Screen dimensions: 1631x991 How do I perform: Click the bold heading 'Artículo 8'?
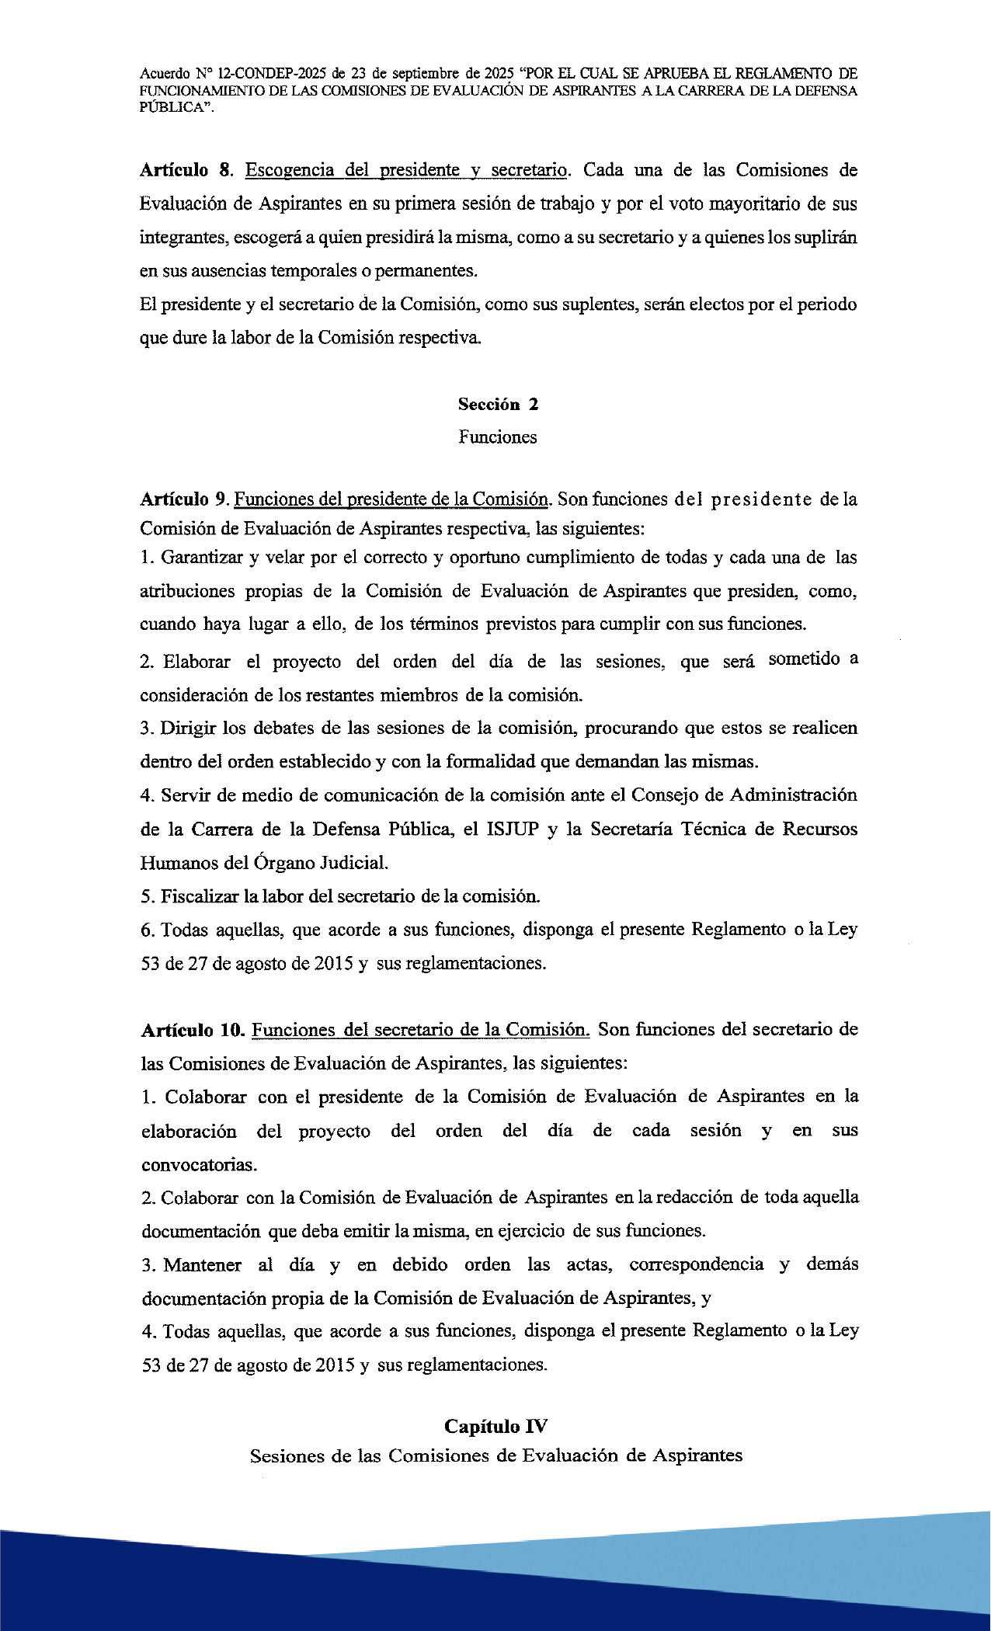coord(185,170)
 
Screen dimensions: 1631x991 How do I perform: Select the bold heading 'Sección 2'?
coord(498,404)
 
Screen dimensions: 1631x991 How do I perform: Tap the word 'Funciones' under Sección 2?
coord(497,437)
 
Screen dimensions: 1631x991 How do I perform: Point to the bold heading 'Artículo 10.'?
coord(193,1030)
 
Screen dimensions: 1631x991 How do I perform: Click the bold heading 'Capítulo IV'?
coord(495,1426)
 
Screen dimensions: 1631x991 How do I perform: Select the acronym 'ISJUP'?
coord(512,829)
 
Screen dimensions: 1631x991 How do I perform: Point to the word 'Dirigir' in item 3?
coord(188,728)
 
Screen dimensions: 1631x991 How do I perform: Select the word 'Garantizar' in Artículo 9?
coord(202,558)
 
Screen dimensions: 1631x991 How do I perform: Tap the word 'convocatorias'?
coord(198,1164)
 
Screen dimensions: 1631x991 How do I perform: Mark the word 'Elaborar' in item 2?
coord(196,662)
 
